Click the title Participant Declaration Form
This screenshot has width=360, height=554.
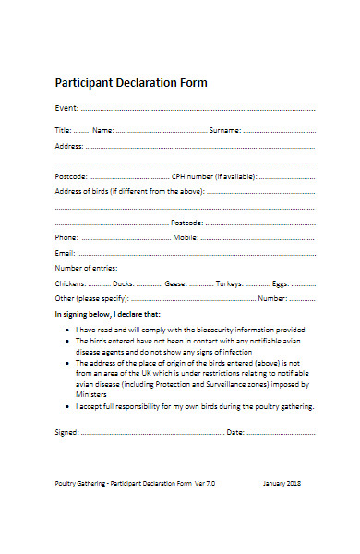point(131,83)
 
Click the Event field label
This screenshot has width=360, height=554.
point(67,108)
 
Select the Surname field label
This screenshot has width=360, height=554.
point(225,131)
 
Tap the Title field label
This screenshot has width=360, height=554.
point(64,131)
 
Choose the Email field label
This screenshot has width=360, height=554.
point(65,252)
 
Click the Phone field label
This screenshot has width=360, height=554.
point(66,237)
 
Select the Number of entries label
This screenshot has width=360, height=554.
point(88,268)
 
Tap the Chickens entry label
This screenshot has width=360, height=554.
point(71,283)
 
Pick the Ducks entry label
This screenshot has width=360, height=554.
point(125,283)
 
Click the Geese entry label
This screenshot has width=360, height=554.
point(175,283)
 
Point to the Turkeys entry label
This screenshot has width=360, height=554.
point(231,283)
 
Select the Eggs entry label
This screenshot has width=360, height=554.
point(281,283)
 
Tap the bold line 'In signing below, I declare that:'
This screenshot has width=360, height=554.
point(107,315)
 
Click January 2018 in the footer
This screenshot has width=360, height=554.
point(282,509)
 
